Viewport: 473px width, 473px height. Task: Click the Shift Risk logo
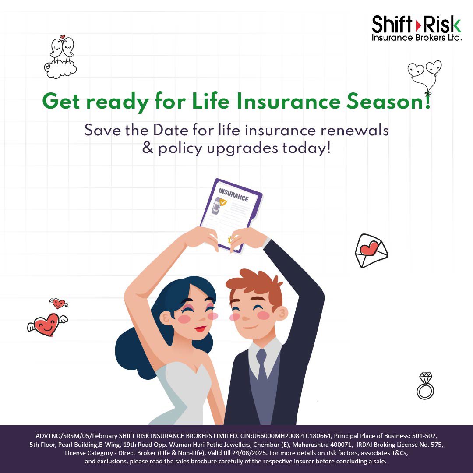(x=416, y=28)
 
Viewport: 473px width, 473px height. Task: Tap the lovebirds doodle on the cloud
(x=61, y=57)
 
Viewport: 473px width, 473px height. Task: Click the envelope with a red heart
(x=371, y=251)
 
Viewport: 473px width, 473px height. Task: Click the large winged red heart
(x=46, y=325)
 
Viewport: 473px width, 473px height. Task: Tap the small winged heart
(x=58, y=303)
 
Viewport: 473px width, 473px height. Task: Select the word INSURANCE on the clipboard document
(x=233, y=195)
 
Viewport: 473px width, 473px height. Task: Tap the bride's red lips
(x=200, y=328)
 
